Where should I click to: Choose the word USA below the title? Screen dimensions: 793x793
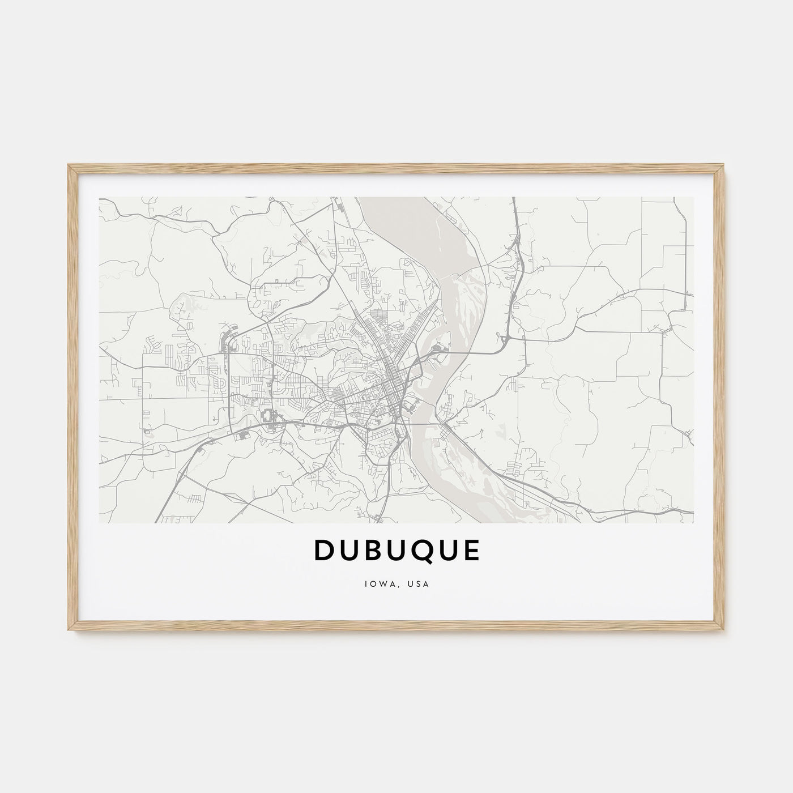tap(420, 584)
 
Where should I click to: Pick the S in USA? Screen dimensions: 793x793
tap(420, 584)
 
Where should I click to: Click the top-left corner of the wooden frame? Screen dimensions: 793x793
tap(68, 165)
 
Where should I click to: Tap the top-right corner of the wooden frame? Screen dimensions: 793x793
tap(724, 165)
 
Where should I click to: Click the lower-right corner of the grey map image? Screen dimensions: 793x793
tap(693, 522)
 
